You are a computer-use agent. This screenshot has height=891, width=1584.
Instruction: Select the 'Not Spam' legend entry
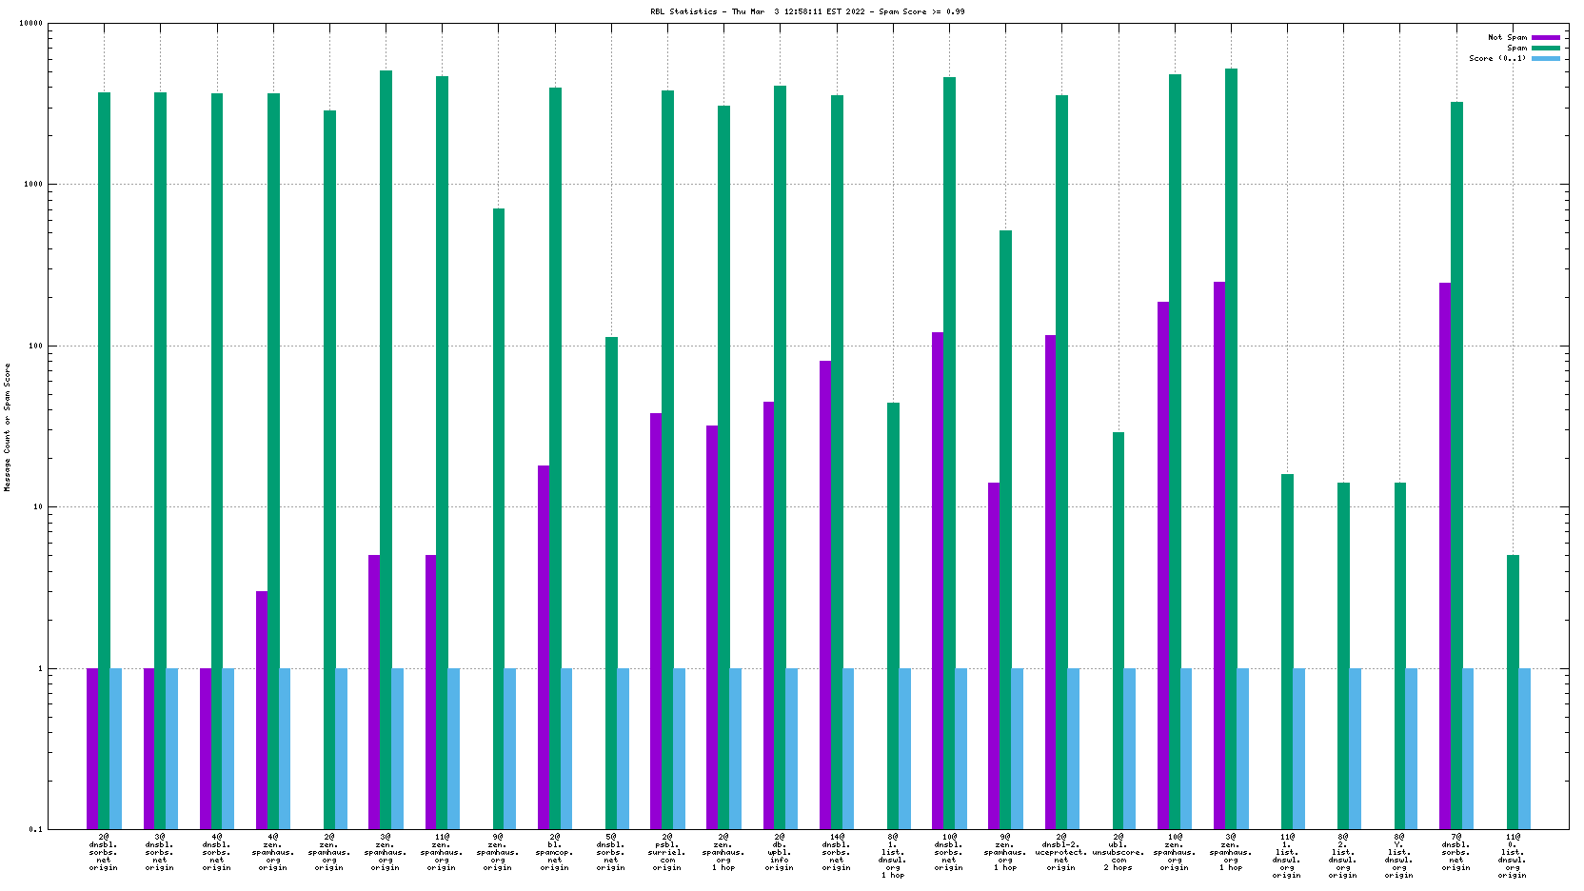[1507, 38]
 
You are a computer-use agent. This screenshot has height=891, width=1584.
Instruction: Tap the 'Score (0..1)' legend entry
[1497, 58]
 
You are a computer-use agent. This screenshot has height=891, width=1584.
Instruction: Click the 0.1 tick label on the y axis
[35, 829]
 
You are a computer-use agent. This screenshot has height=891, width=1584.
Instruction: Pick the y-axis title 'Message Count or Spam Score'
[8, 426]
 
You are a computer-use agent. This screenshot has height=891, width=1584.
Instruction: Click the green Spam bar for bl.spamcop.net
[555, 457]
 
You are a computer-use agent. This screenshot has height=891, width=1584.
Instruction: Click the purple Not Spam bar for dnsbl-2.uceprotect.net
[1050, 582]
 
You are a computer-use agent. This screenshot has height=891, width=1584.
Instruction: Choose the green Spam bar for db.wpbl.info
[781, 457]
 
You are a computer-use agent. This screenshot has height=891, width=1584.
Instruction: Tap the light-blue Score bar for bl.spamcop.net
[566, 748]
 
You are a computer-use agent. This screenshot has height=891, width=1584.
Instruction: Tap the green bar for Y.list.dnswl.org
[1400, 656]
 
